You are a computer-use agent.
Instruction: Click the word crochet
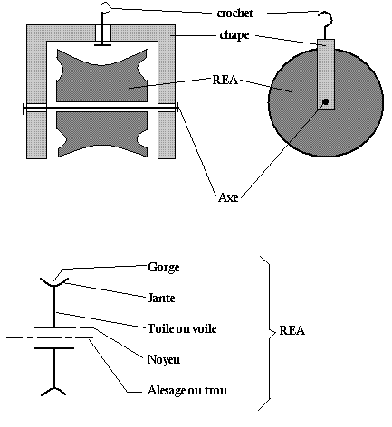[235, 14]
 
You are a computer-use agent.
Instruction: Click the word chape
[234, 35]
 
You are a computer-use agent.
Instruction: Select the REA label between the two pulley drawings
[225, 80]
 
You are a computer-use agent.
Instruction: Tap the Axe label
[228, 197]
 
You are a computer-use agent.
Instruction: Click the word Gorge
[164, 268]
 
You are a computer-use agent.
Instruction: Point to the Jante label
[161, 298]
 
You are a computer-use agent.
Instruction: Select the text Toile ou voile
[182, 328]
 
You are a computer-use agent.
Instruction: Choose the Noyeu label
[164, 359]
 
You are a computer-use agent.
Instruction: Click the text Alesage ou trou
[187, 390]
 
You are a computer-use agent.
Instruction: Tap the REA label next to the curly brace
[292, 330]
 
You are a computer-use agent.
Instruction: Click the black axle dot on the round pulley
[325, 101]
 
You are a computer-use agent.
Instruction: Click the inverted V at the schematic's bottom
[53, 391]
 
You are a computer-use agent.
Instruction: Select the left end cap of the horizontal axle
[24, 109]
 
